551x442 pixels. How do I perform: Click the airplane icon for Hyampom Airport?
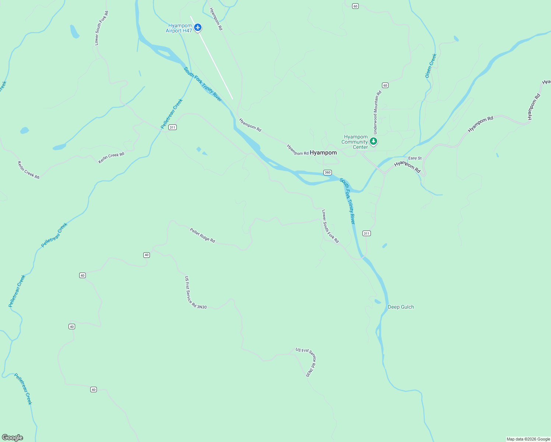198,27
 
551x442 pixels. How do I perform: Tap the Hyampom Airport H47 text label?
179,28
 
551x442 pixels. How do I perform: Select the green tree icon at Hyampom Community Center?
373,141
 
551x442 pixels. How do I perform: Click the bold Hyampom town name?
323,152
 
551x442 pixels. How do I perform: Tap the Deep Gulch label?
401,307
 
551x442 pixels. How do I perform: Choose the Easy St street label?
415,158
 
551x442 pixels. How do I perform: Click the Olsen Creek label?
431,66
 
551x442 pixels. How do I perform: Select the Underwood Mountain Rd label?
377,112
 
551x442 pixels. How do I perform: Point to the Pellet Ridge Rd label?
202,235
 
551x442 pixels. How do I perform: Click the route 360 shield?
327,172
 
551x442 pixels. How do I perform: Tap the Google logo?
13,438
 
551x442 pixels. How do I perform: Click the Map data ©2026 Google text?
528,439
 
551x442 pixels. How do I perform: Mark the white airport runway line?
212,58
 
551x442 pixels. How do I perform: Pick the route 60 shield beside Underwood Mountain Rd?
385,85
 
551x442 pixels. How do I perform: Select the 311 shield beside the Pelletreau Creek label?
172,127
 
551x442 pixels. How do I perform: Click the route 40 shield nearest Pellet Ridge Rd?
147,255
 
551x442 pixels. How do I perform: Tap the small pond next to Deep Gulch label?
377,301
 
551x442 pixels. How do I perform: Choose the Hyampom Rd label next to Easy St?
407,166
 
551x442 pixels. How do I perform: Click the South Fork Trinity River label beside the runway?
203,84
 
